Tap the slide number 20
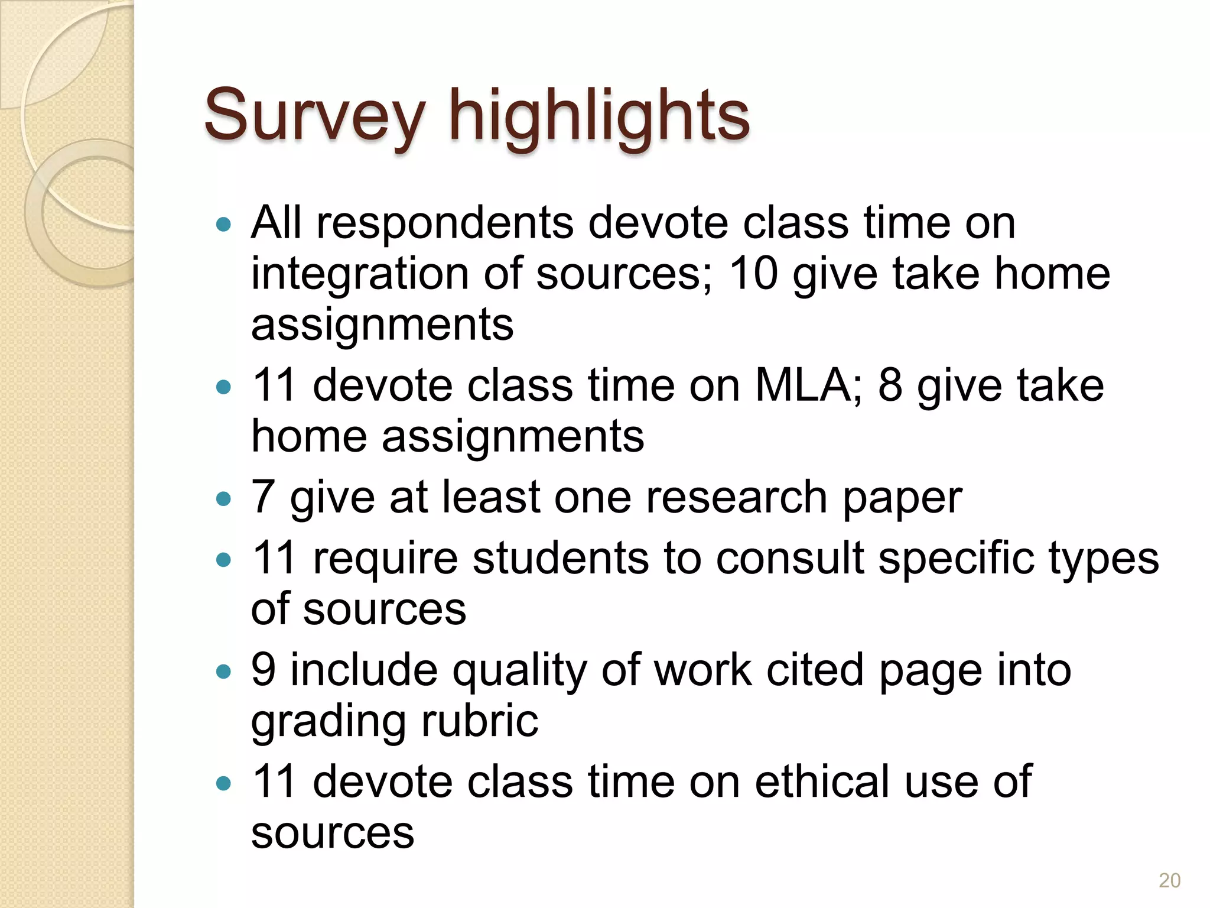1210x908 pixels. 1169,880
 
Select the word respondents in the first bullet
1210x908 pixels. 445,223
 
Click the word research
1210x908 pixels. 737,497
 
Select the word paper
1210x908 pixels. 902,500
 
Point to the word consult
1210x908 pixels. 790,559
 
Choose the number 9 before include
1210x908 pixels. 264,670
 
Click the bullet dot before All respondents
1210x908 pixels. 223,225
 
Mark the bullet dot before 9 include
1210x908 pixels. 223,672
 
